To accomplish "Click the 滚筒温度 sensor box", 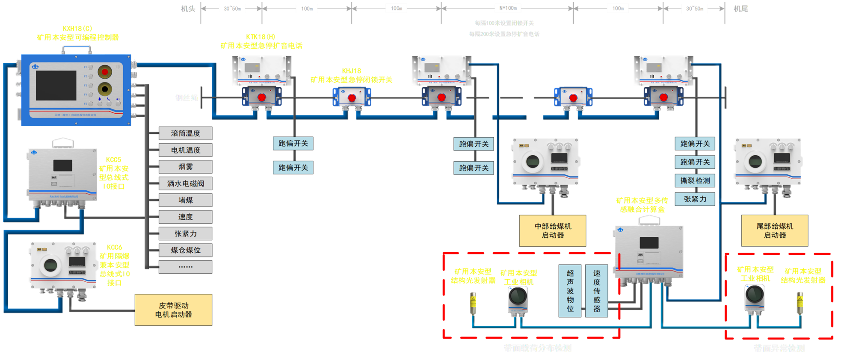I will pos(185,133).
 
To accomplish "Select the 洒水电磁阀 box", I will pos(185,183).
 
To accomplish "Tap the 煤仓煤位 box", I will pos(185,250).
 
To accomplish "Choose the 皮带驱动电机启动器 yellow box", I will pos(173,310).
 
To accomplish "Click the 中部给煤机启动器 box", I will pos(553,230).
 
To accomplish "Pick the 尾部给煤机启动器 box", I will pos(775,230).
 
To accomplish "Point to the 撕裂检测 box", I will pos(695,181).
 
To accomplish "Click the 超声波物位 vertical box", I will pos(570,291).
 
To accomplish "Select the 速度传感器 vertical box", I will pos(597,291).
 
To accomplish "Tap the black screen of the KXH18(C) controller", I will pos(56,86).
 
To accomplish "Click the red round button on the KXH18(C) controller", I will pos(104,71).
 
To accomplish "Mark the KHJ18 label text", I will pos(352,71).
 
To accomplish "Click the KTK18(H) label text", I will pos(261,37).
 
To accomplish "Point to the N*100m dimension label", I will pos(508,8).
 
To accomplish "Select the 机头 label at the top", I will pos(188,9).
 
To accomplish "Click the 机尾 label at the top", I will pos(740,9).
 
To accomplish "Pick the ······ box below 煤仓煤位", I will pos(185,267).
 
